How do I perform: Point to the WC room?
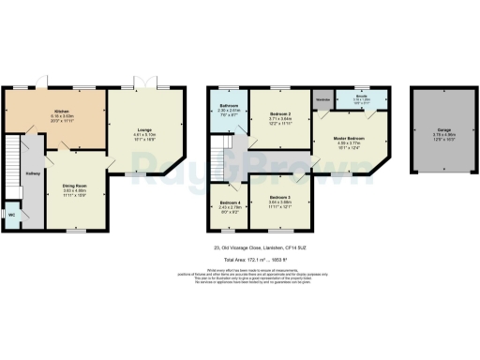11,215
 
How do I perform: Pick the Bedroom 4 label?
231,202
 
